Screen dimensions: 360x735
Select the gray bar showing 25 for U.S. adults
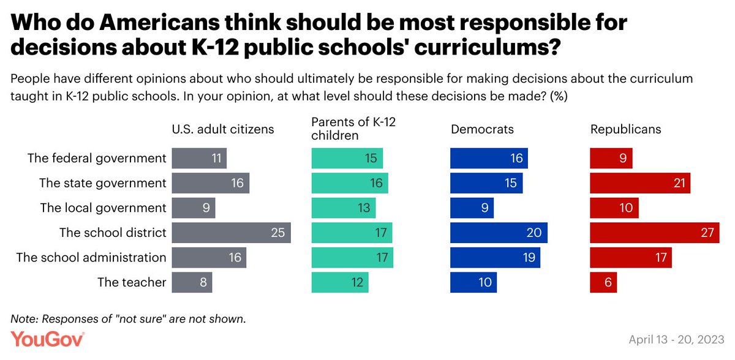[x=231, y=233]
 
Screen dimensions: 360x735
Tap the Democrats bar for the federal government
[x=489, y=158]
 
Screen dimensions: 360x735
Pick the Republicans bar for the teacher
[x=603, y=282]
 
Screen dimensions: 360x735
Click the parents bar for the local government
[x=343, y=208]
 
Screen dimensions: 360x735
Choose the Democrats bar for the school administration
[x=495, y=257]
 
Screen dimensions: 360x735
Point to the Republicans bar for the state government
[x=640, y=183]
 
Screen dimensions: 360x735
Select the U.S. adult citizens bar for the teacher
[x=192, y=282]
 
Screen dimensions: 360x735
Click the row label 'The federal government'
[x=97, y=158]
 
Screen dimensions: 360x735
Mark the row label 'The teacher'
[x=132, y=282]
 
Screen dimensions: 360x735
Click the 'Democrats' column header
[x=482, y=129]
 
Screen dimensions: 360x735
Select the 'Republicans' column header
[x=626, y=129]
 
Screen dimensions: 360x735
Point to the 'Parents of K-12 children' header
[x=353, y=129]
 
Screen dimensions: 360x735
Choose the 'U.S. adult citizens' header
[x=223, y=129]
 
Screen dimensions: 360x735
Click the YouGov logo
[x=47, y=340]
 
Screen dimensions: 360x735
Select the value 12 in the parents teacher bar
[x=357, y=282]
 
